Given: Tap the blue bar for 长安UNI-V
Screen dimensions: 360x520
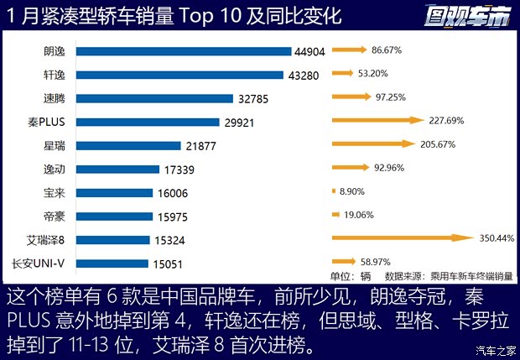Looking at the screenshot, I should [x=114, y=263].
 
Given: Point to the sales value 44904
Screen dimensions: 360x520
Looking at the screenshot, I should [x=308, y=51].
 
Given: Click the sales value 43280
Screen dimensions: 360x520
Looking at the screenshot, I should [x=303, y=75].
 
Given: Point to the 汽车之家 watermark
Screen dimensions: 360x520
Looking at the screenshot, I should [x=495, y=350].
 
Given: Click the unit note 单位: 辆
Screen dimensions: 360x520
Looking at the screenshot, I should [x=351, y=275].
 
